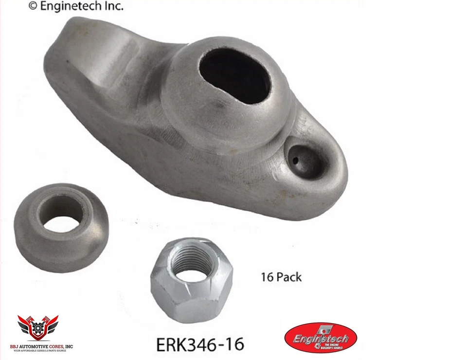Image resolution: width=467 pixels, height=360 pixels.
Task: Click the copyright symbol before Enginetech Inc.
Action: click(x=33, y=6)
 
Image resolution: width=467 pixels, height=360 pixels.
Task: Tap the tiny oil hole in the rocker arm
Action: click(x=295, y=159)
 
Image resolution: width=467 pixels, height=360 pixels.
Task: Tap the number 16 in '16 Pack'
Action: click(x=268, y=277)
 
